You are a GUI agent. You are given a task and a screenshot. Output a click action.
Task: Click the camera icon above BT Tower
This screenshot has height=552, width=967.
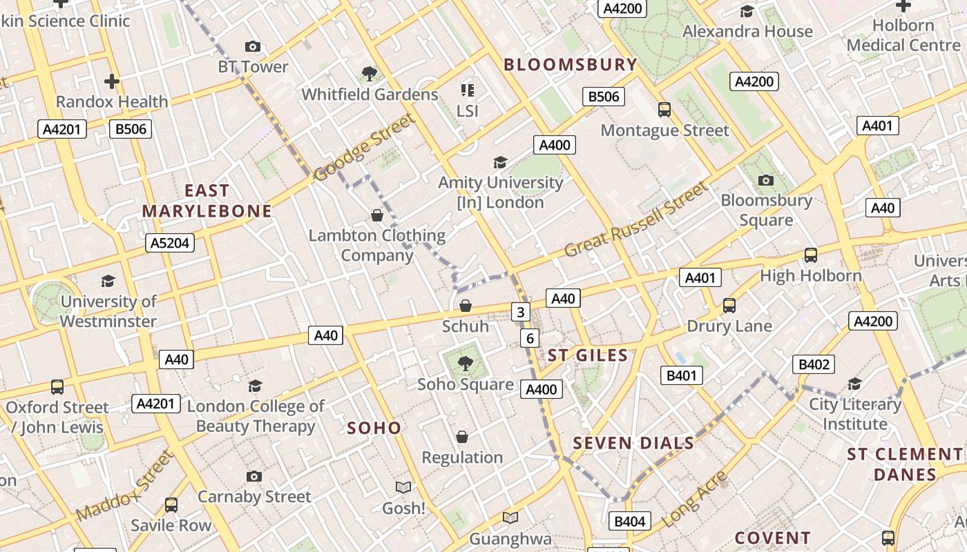click(x=253, y=47)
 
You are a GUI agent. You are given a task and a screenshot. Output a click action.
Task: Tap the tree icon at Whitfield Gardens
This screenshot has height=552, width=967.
click(x=370, y=74)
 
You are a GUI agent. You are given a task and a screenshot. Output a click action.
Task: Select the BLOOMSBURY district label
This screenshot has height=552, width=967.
click(x=571, y=65)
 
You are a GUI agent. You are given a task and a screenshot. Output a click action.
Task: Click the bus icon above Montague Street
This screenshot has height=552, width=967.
click(x=664, y=110)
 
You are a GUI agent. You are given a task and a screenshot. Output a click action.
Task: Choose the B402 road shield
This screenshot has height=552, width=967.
click(x=814, y=364)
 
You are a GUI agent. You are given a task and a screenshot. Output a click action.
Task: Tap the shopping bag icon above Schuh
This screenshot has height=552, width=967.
click(x=466, y=306)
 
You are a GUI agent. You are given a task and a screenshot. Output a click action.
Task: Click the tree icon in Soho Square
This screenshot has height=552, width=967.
click(x=466, y=364)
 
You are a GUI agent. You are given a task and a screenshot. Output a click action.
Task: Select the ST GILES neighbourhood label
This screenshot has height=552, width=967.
click(x=588, y=356)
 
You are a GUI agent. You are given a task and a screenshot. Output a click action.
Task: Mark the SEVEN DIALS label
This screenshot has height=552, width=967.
click(x=633, y=443)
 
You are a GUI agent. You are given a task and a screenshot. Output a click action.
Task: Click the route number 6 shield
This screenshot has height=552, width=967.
click(x=530, y=338)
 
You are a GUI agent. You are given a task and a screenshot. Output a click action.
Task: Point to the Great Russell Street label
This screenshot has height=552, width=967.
click(x=636, y=219)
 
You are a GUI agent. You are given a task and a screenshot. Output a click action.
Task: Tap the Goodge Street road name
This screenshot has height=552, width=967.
click(x=365, y=147)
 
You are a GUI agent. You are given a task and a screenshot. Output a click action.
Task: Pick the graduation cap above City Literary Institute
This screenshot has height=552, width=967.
click(x=855, y=384)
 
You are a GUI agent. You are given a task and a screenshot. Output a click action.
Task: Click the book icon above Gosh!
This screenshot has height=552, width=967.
click(x=403, y=488)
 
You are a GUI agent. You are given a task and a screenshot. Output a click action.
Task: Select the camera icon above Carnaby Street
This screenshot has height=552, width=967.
click(x=254, y=476)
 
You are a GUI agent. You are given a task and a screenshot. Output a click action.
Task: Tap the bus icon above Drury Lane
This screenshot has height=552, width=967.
click(x=729, y=306)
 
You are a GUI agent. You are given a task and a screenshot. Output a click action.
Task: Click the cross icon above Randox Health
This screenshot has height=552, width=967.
click(x=112, y=81)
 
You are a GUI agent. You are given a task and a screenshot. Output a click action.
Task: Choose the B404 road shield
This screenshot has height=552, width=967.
click(x=629, y=522)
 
